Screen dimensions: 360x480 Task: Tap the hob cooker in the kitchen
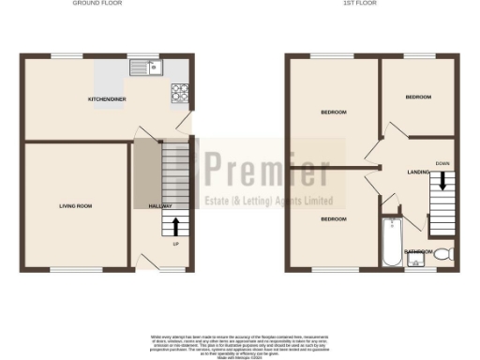pos(179,92)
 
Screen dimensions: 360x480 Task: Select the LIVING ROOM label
pos(74,205)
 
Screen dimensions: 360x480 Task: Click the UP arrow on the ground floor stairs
pos(174,226)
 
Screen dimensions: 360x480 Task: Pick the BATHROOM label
pos(418,252)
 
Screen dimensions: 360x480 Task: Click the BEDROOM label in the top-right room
pos(418,97)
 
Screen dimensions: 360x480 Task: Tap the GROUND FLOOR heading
pos(98,4)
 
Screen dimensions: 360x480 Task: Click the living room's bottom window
pos(74,270)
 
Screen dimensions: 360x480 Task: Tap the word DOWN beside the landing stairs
pos(442,162)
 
